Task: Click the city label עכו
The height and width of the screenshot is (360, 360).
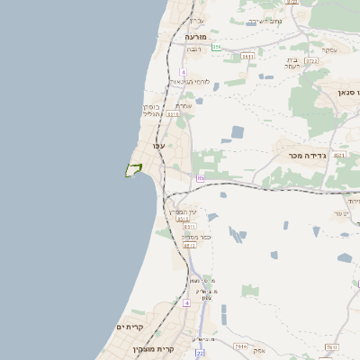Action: click(159, 146)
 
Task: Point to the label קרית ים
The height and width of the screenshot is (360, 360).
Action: click(130, 327)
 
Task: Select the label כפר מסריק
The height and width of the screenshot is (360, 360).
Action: click(188, 237)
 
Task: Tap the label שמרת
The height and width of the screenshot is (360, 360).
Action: click(183, 105)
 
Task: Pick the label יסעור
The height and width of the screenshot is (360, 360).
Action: click(340, 213)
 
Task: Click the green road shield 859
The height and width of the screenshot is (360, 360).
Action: click(216, 47)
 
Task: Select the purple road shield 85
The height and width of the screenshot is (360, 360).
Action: click(200, 178)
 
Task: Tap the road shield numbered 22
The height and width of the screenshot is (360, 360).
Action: click(199, 352)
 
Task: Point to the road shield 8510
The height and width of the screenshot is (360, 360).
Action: click(189, 245)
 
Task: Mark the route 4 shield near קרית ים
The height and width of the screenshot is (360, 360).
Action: click(186, 303)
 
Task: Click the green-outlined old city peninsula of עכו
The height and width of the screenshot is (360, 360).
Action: click(134, 169)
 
